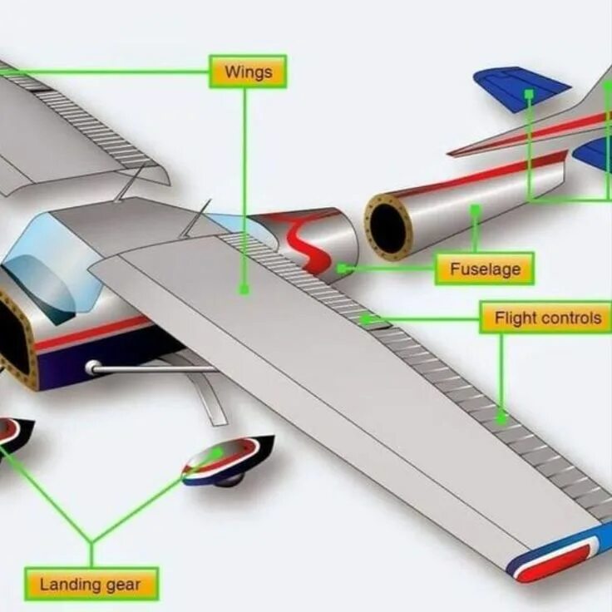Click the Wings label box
248,72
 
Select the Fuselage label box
484,269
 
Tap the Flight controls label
546,318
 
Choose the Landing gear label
91,584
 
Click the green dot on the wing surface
244,289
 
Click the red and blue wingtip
555,554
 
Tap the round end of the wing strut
92,368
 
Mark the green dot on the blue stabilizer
528,93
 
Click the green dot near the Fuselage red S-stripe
341,269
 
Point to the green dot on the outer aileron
501,421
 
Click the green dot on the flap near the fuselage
363,318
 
